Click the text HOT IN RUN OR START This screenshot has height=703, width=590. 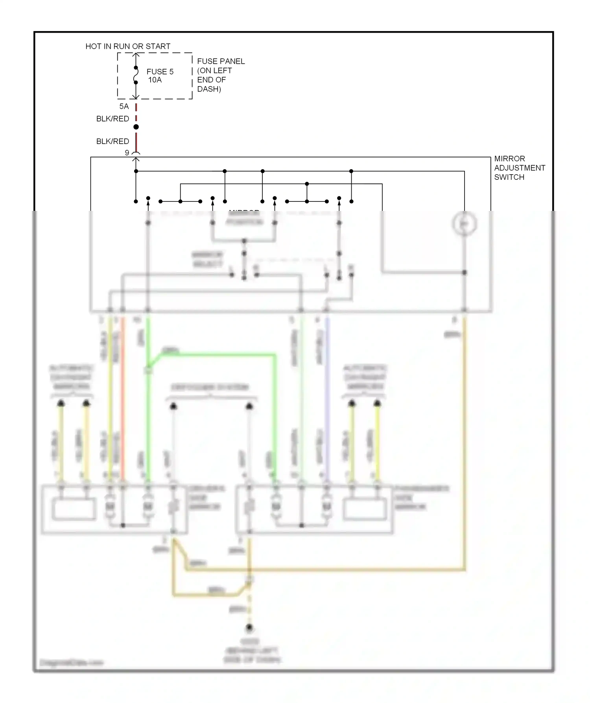click(128, 46)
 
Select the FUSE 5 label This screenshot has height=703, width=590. click(160, 72)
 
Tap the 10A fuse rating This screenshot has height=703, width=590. click(155, 80)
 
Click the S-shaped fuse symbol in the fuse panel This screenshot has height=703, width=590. click(136, 75)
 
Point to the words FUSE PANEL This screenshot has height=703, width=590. click(221, 61)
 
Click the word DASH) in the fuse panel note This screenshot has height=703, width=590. click(209, 89)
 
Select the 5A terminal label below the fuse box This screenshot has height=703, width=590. click(124, 107)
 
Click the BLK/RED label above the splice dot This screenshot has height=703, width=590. click(112, 119)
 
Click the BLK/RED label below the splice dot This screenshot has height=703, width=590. click(112, 141)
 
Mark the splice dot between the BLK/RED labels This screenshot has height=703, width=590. click(136, 127)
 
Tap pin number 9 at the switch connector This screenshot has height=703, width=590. click(127, 153)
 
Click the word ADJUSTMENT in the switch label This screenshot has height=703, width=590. click(519, 168)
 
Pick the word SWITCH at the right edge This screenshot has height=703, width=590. click(509, 177)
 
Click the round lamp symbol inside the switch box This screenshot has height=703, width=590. click(465, 224)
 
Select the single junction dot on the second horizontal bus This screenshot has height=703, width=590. click(307, 184)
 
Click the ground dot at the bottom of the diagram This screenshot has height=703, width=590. click(249, 628)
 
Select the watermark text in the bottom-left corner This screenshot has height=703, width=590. click(71, 663)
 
